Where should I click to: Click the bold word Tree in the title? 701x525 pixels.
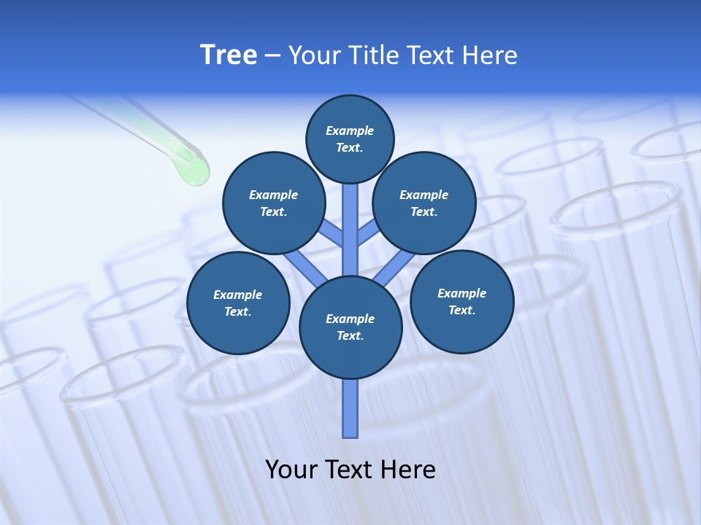tap(229, 55)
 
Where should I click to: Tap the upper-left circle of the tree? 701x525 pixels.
tap(274, 203)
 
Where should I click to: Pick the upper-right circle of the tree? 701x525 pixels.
tap(424, 203)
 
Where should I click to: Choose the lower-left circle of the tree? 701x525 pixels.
tap(238, 303)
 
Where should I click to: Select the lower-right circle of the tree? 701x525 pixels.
tap(461, 302)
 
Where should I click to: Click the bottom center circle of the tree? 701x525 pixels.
tap(350, 327)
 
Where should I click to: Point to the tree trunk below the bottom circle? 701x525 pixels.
tap(350, 408)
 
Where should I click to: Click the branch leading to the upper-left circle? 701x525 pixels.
tap(332, 233)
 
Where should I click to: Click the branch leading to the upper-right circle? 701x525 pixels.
tap(368, 233)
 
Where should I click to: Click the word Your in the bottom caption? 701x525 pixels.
tap(290, 470)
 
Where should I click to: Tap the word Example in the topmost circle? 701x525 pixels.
tap(350, 131)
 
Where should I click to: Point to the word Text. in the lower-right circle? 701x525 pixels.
tap(461, 311)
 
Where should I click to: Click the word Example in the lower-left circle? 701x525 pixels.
tap(238, 295)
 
